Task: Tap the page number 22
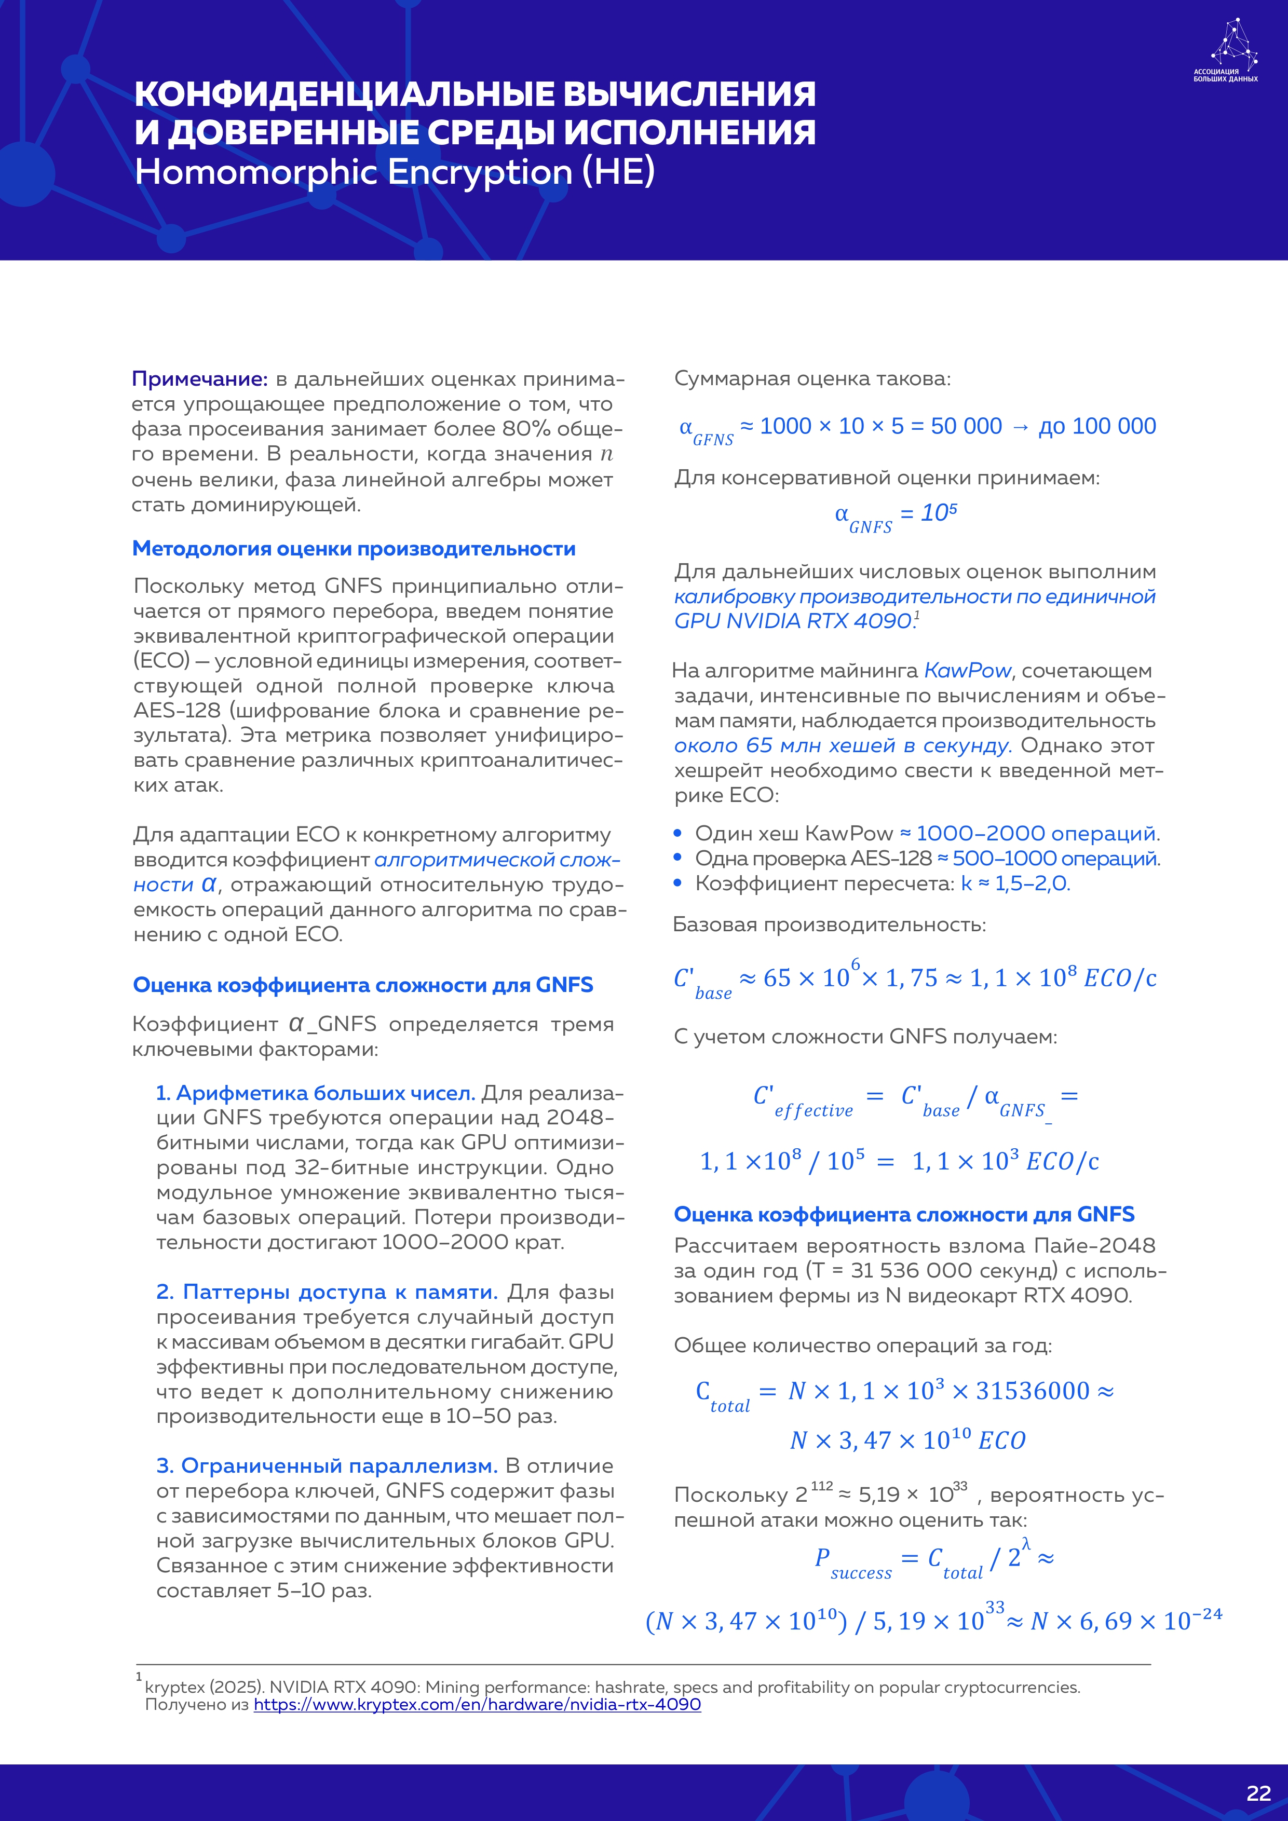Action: (x=1258, y=1793)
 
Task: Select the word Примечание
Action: (x=199, y=379)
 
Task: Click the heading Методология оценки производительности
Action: (x=354, y=549)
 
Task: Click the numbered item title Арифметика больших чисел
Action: (x=316, y=1093)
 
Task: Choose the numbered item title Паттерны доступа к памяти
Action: (x=327, y=1292)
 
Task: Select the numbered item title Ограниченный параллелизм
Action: (x=327, y=1466)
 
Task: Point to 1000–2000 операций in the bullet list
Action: (x=1037, y=834)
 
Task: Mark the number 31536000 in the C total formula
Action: (x=1033, y=1391)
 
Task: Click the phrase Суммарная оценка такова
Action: (x=812, y=379)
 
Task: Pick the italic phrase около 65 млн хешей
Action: (x=842, y=745)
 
